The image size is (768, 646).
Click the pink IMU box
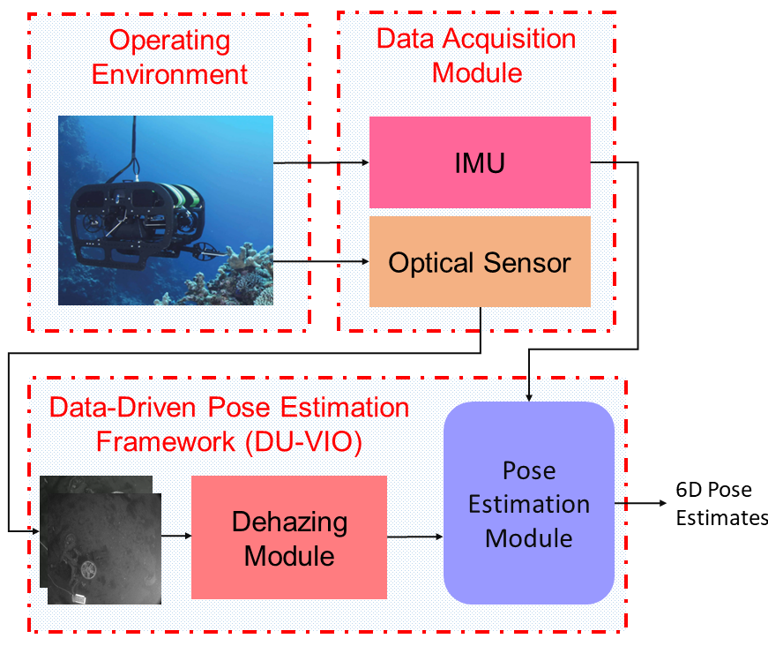(x=479, y=162)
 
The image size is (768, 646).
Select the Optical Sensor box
(x=479, y=262)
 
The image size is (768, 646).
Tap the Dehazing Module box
(x=289, y=537)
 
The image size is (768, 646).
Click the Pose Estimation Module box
(x=528, y=503)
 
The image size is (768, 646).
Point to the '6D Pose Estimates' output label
(x=721, y=504)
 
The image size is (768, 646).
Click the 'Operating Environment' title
(x=169, y=56)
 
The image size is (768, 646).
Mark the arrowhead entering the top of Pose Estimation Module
(x=528, y=397)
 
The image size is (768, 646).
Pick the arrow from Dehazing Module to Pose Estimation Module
(x=414, y=536)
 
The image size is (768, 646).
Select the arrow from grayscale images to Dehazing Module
(x=176, y=536)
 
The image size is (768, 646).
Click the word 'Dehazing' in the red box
(x=289, y=522)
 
